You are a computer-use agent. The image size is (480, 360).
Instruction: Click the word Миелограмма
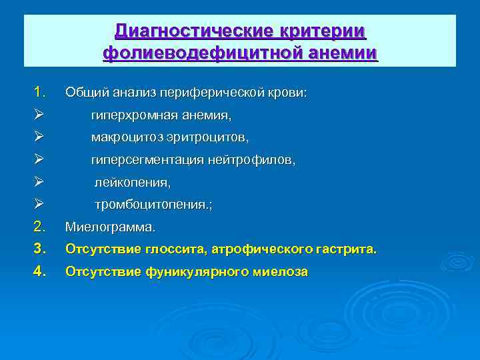(x=109, y=228)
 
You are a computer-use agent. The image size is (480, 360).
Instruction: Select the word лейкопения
(x=132, y=182)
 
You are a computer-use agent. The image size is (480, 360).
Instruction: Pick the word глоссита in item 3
(x=179, y=250)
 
